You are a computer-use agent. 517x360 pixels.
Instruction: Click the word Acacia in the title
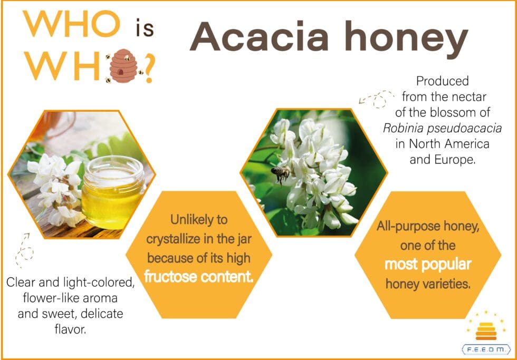259,36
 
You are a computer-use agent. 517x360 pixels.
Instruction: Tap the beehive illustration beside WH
123,66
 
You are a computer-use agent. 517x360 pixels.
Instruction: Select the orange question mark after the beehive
149,69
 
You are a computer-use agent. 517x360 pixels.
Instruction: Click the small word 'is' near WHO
145,27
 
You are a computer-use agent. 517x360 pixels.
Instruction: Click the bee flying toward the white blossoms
280,173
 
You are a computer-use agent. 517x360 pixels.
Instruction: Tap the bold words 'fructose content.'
199,277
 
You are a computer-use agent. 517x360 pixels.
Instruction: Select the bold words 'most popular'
428,264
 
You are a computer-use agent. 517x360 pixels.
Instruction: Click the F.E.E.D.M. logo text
486,349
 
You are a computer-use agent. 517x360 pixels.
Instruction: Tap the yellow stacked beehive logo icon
486,331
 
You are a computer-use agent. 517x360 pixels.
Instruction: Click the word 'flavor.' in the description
70,329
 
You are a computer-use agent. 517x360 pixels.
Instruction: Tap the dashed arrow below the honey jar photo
24,250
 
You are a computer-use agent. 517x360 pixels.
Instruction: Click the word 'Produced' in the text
442,81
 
